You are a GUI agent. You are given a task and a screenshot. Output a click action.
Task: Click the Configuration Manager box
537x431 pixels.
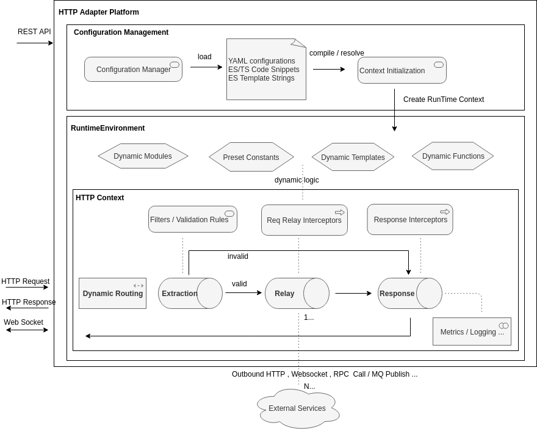pos(133,69)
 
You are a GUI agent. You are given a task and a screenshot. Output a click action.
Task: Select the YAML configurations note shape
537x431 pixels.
pos(266,69)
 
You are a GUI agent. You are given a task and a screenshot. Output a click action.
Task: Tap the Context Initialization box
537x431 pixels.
pos(402,70)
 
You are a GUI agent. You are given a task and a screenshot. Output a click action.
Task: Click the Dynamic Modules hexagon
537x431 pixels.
pos(143,156)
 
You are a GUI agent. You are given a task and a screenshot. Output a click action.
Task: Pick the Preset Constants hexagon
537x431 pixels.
pos(251,157)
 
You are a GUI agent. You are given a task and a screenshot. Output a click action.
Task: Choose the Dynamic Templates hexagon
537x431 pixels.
pos(353,157)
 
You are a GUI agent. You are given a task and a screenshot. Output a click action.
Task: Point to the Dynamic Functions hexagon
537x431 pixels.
pos(453,156)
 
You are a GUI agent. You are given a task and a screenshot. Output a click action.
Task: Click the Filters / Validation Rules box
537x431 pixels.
pos(193,219)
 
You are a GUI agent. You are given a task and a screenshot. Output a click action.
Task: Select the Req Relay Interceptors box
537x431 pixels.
pos(305,220)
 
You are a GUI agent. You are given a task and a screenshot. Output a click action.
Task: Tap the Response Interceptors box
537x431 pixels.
pos(410,220)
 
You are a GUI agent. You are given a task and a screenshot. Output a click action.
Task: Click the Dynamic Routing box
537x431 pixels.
pos(113,293)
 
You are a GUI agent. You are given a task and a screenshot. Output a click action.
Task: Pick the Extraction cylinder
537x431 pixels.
pos(190,293)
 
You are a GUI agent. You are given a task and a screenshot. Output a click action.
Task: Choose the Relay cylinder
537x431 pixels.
pos(297,293)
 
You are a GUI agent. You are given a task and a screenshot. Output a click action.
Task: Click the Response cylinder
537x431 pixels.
pos(410,293)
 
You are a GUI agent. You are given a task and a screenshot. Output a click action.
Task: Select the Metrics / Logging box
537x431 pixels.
pos(472,331)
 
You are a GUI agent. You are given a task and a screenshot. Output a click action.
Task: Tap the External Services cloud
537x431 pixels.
pos(298,408)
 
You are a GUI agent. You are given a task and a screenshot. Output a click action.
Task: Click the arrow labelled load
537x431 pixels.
pos(206,67)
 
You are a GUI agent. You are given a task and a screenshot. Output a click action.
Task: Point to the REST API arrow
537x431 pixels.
pos(35,43)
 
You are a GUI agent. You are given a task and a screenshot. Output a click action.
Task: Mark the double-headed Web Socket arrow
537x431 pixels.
pos(27,330)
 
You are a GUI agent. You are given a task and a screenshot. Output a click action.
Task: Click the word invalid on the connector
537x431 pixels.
pos(237,256)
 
